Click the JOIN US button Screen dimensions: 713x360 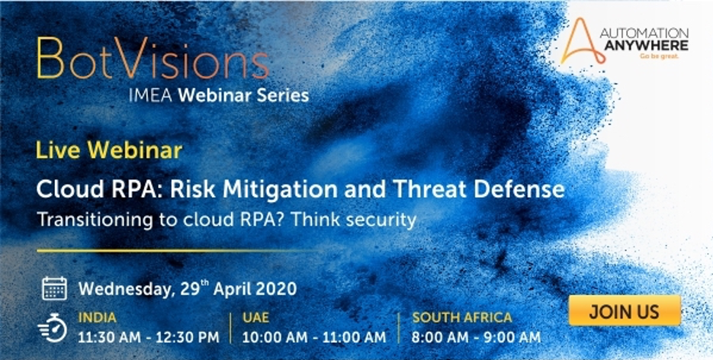point(625,311)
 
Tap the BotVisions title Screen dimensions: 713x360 point(153,59)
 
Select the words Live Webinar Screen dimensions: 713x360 point(109,150)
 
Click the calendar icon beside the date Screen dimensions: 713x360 point(55,288)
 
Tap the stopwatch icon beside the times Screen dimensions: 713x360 point(53,327)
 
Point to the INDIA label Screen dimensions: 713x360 point(98,317)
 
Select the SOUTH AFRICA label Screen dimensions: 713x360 point(462,317)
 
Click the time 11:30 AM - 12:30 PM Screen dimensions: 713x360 point(149,337)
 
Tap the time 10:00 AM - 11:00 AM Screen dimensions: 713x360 point(314,337)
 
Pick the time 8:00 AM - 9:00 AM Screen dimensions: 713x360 point(476,337)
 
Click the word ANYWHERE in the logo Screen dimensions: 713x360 point(646,46)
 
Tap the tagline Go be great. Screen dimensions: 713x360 point(659,56)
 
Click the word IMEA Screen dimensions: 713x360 point(152,95)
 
